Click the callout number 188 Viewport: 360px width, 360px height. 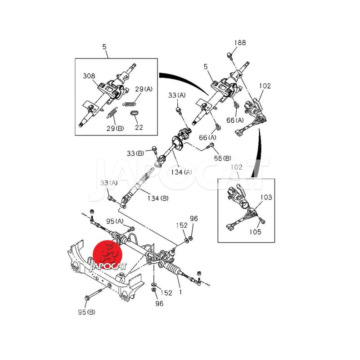240,43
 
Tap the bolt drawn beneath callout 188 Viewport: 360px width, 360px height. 229,55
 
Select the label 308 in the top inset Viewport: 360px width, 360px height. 89,76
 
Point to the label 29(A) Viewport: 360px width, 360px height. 144,89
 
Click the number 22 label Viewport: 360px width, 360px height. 139,127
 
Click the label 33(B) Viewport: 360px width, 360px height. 135,153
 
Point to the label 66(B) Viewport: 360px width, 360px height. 222,158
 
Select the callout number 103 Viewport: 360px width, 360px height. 266,197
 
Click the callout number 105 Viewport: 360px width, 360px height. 255,232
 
